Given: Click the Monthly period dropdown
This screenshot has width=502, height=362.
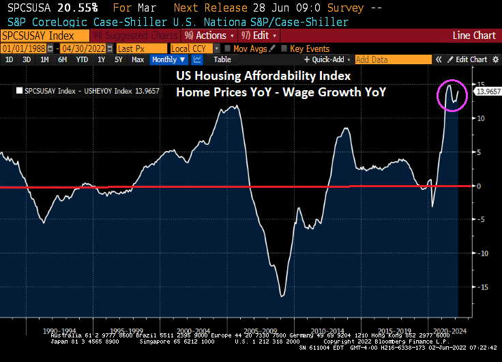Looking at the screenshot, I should [x=168, y=59].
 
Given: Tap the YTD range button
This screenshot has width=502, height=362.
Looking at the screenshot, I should [x=82, y=59].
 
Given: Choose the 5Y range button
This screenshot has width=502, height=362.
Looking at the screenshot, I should [x=118, y=59].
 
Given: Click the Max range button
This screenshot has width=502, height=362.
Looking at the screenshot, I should [x=137, y=59].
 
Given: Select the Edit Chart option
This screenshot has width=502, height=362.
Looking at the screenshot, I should [x=471, y=59].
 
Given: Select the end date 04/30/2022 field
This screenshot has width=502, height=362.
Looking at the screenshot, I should [x=86, y=48].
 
